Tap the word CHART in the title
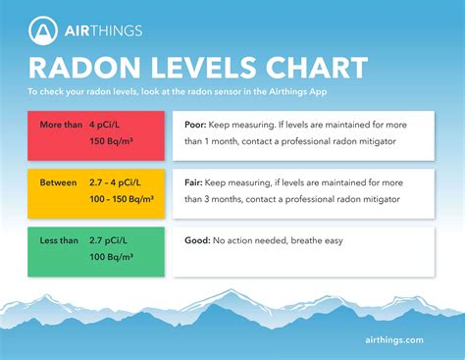314,68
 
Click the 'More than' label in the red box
63,126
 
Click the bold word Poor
198,126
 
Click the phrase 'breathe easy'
328,240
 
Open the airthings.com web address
391,339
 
